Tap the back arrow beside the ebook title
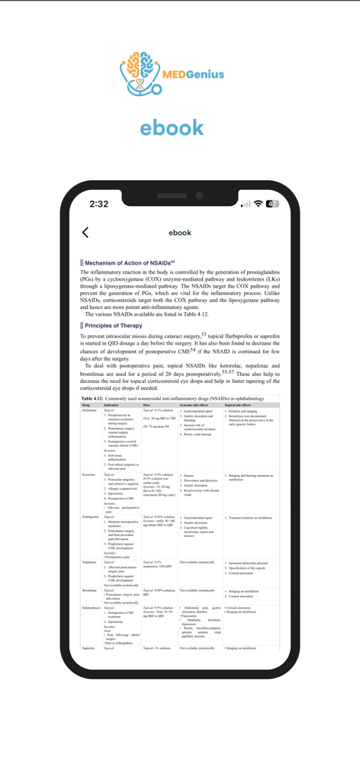point(85,233)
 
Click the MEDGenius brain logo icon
point(140,73)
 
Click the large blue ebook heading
point(172,127)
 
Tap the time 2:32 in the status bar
point(98,204)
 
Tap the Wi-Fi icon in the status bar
point(259,204)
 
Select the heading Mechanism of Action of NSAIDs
point(130,262)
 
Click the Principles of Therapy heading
point(114,326)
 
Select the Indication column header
point(111,404)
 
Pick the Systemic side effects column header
point(196,404)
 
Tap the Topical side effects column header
point(241,404)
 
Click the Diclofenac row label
point(90,410)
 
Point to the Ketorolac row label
point(90,474)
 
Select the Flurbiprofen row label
point(92,516)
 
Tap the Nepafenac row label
point(90,562)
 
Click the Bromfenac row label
point(90,590)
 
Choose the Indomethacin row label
point(92,608)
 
